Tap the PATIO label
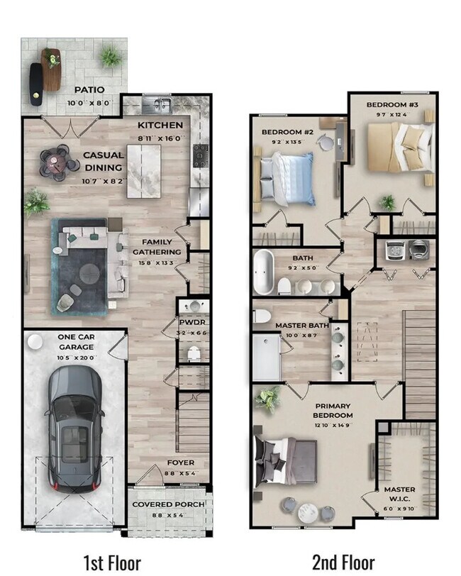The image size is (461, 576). (x=89, y=90)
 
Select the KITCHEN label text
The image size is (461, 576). (x=160, y=126)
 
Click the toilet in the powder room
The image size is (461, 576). (x=194, y=353)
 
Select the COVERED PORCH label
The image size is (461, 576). (x=169, y=504)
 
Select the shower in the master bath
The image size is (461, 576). (x=267, y=358)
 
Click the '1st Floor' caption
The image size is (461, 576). (x=112, y=563)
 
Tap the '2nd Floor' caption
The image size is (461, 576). (x=343, y=563)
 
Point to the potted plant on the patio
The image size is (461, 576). (x=110, y=56)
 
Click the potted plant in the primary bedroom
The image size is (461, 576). (x=267, y=400)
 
